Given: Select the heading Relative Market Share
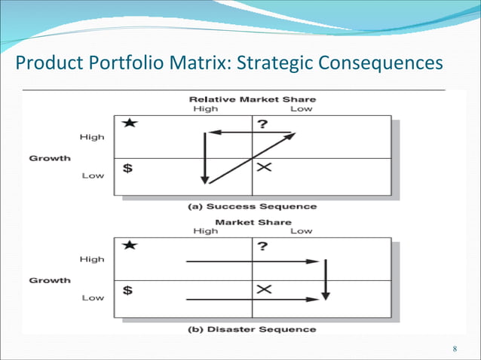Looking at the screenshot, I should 252,99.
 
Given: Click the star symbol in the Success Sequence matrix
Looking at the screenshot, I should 129,124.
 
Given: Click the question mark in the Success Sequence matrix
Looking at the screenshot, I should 261,124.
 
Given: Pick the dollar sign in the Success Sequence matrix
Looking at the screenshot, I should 128,169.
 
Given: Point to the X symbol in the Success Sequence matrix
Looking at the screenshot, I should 263,167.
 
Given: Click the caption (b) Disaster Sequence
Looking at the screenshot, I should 252,329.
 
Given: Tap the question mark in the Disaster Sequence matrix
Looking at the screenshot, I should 261,246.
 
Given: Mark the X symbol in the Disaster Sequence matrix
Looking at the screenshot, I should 263,289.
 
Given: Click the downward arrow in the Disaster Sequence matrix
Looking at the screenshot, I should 324,279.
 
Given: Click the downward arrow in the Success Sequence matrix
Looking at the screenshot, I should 204,158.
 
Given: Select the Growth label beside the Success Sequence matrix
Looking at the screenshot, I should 50,158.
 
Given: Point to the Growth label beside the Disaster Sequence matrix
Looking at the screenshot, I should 50,280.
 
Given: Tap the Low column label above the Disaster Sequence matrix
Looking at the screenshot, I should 301,231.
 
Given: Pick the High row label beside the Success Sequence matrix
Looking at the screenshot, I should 92,137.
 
